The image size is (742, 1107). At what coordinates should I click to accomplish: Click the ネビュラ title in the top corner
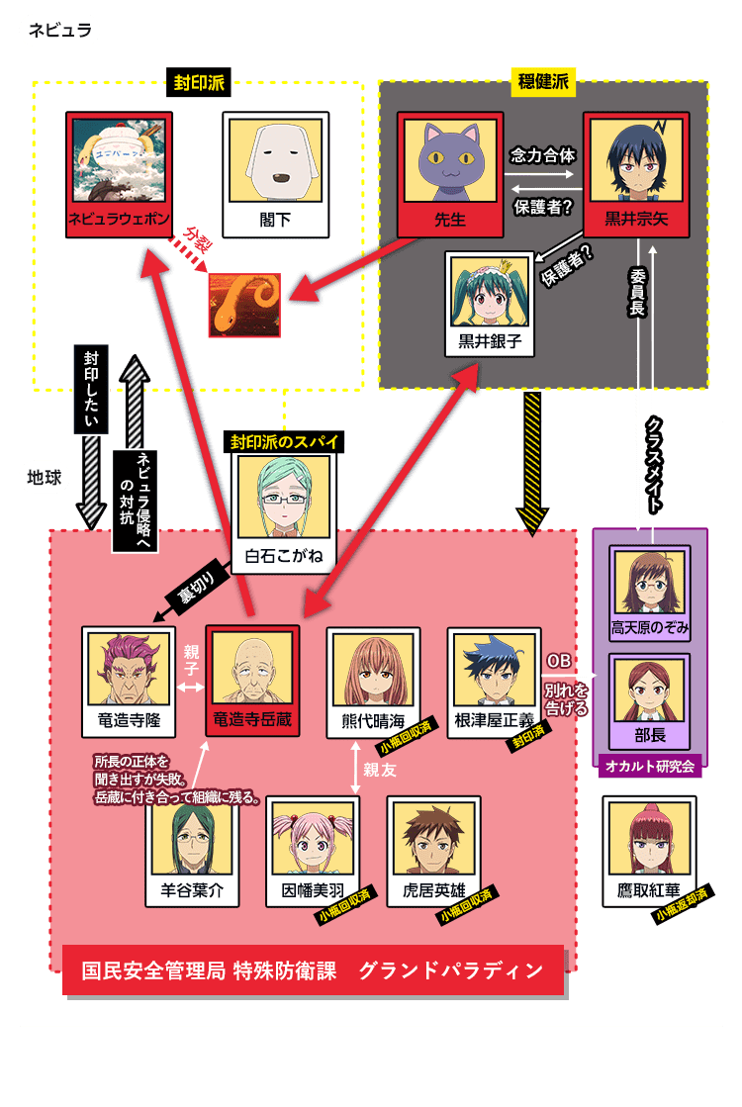(60, 30)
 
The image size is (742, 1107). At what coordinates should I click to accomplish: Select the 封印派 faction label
(199, 82)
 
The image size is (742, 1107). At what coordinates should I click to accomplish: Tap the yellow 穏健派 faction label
(543, 82)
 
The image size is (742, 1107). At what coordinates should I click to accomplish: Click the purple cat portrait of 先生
(450, 161)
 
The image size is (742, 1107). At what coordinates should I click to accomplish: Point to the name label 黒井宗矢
(636, 219)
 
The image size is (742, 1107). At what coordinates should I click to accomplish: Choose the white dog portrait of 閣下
(276, 161)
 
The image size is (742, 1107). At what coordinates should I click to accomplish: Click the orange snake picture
(245, 305)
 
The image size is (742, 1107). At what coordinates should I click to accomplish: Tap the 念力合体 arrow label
(543, 154)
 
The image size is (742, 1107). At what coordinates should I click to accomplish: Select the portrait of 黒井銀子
(490, 293)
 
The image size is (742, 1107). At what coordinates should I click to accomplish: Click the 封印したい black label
(92, 389)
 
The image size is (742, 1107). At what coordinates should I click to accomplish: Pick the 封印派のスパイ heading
(284, 442)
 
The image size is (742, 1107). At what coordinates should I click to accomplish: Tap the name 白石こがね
(284, 556)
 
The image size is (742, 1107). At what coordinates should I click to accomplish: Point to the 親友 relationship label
(380, 770)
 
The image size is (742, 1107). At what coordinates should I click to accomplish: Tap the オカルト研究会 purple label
(650, 766)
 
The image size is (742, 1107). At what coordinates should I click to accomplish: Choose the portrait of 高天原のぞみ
(650, 583)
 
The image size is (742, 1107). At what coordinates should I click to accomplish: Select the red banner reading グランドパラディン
(313, 970)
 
